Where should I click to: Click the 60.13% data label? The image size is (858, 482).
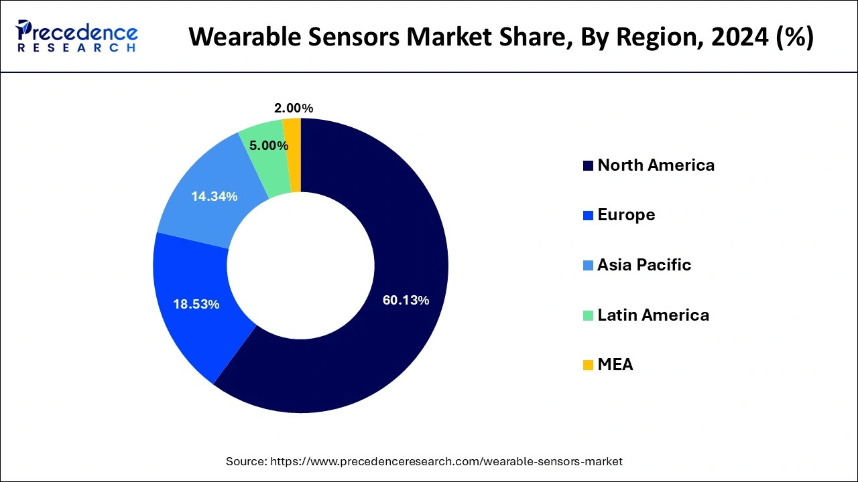tap(406, 301)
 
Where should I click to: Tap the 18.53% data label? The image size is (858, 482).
tap(196, 304)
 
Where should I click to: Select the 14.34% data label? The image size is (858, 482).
tap(214, 196)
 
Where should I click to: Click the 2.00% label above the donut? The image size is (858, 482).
tap(294, 108)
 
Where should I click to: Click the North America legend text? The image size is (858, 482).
tap(656, 165)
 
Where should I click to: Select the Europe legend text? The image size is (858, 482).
tap(626, 215)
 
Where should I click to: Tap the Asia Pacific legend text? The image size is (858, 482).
tap(643, 265)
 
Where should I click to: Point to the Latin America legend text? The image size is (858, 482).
tap(653, 315)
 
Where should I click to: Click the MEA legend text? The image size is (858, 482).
tap(615, 365)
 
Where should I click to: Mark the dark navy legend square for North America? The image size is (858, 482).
tap(588, 166)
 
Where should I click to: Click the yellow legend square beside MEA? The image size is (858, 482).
tap(588, 366)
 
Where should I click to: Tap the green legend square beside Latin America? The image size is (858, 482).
tap(588, 315)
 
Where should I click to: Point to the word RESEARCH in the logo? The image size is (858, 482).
tap(77, 48)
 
